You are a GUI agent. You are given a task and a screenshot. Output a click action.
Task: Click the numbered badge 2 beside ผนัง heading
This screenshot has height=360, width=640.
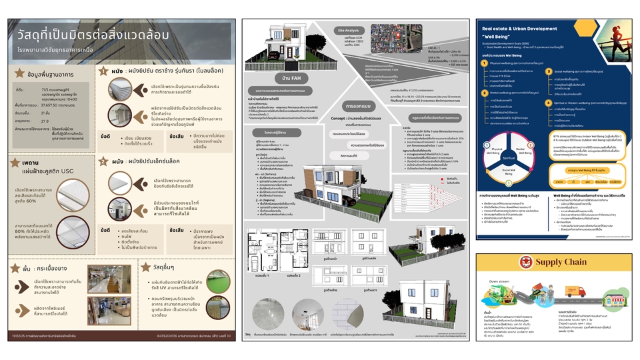click(x=103, y=161)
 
